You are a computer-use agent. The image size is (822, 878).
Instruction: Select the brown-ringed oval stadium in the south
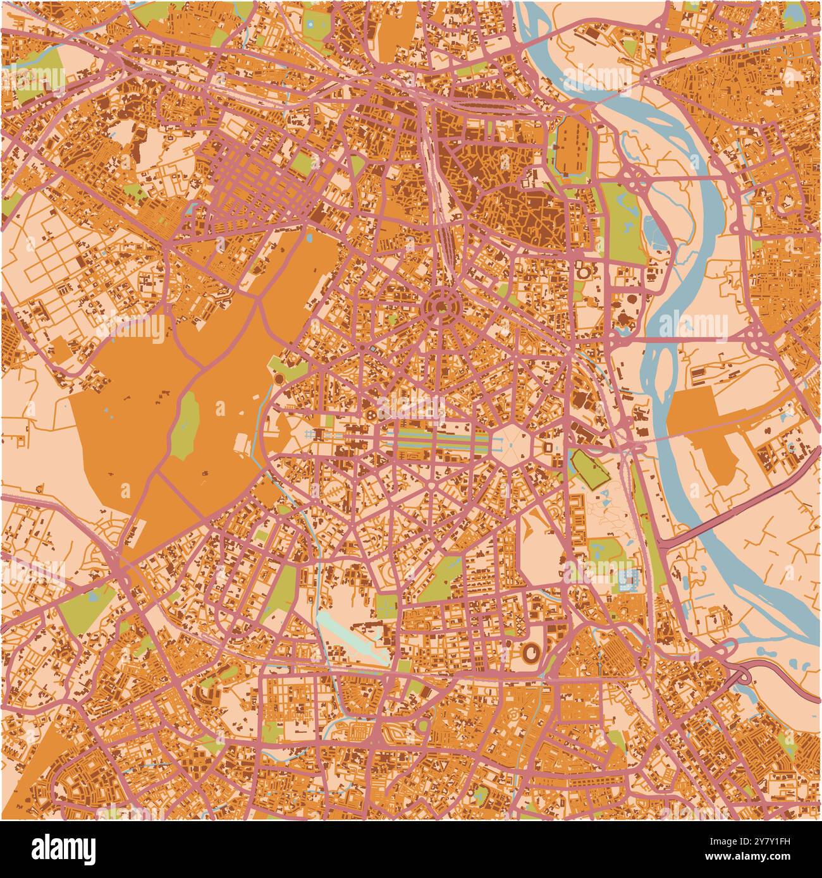tap(532, 651)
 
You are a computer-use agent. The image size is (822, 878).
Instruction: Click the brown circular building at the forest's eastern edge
tap(278, 379)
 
